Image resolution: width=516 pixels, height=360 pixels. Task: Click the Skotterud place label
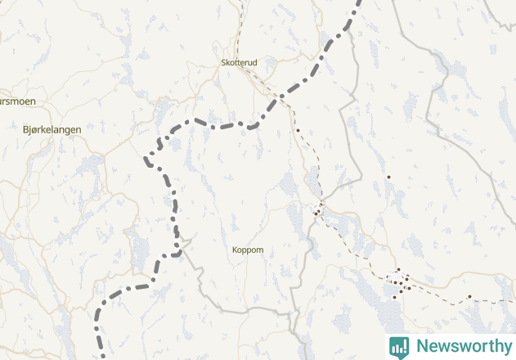point(239,62)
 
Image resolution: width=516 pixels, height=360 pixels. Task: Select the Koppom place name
point(248,250)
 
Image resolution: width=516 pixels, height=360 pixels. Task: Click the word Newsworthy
point(463,346)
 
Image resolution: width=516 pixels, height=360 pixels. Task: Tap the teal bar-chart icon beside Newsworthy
point(399,346)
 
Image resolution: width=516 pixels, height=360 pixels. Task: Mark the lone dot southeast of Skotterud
point(298,131)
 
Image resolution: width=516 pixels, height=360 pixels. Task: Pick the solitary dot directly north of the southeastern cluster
point(389,178)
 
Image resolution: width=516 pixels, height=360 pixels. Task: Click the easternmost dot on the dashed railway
point(469,296)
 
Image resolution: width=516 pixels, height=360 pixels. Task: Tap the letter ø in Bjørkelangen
point(34,129)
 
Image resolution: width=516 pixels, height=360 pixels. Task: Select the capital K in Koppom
point(235,250)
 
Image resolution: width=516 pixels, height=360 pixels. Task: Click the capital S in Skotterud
point(223,62)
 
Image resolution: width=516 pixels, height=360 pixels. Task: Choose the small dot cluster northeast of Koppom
point(318,211)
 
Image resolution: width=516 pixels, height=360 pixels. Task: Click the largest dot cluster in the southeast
point(399,282)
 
